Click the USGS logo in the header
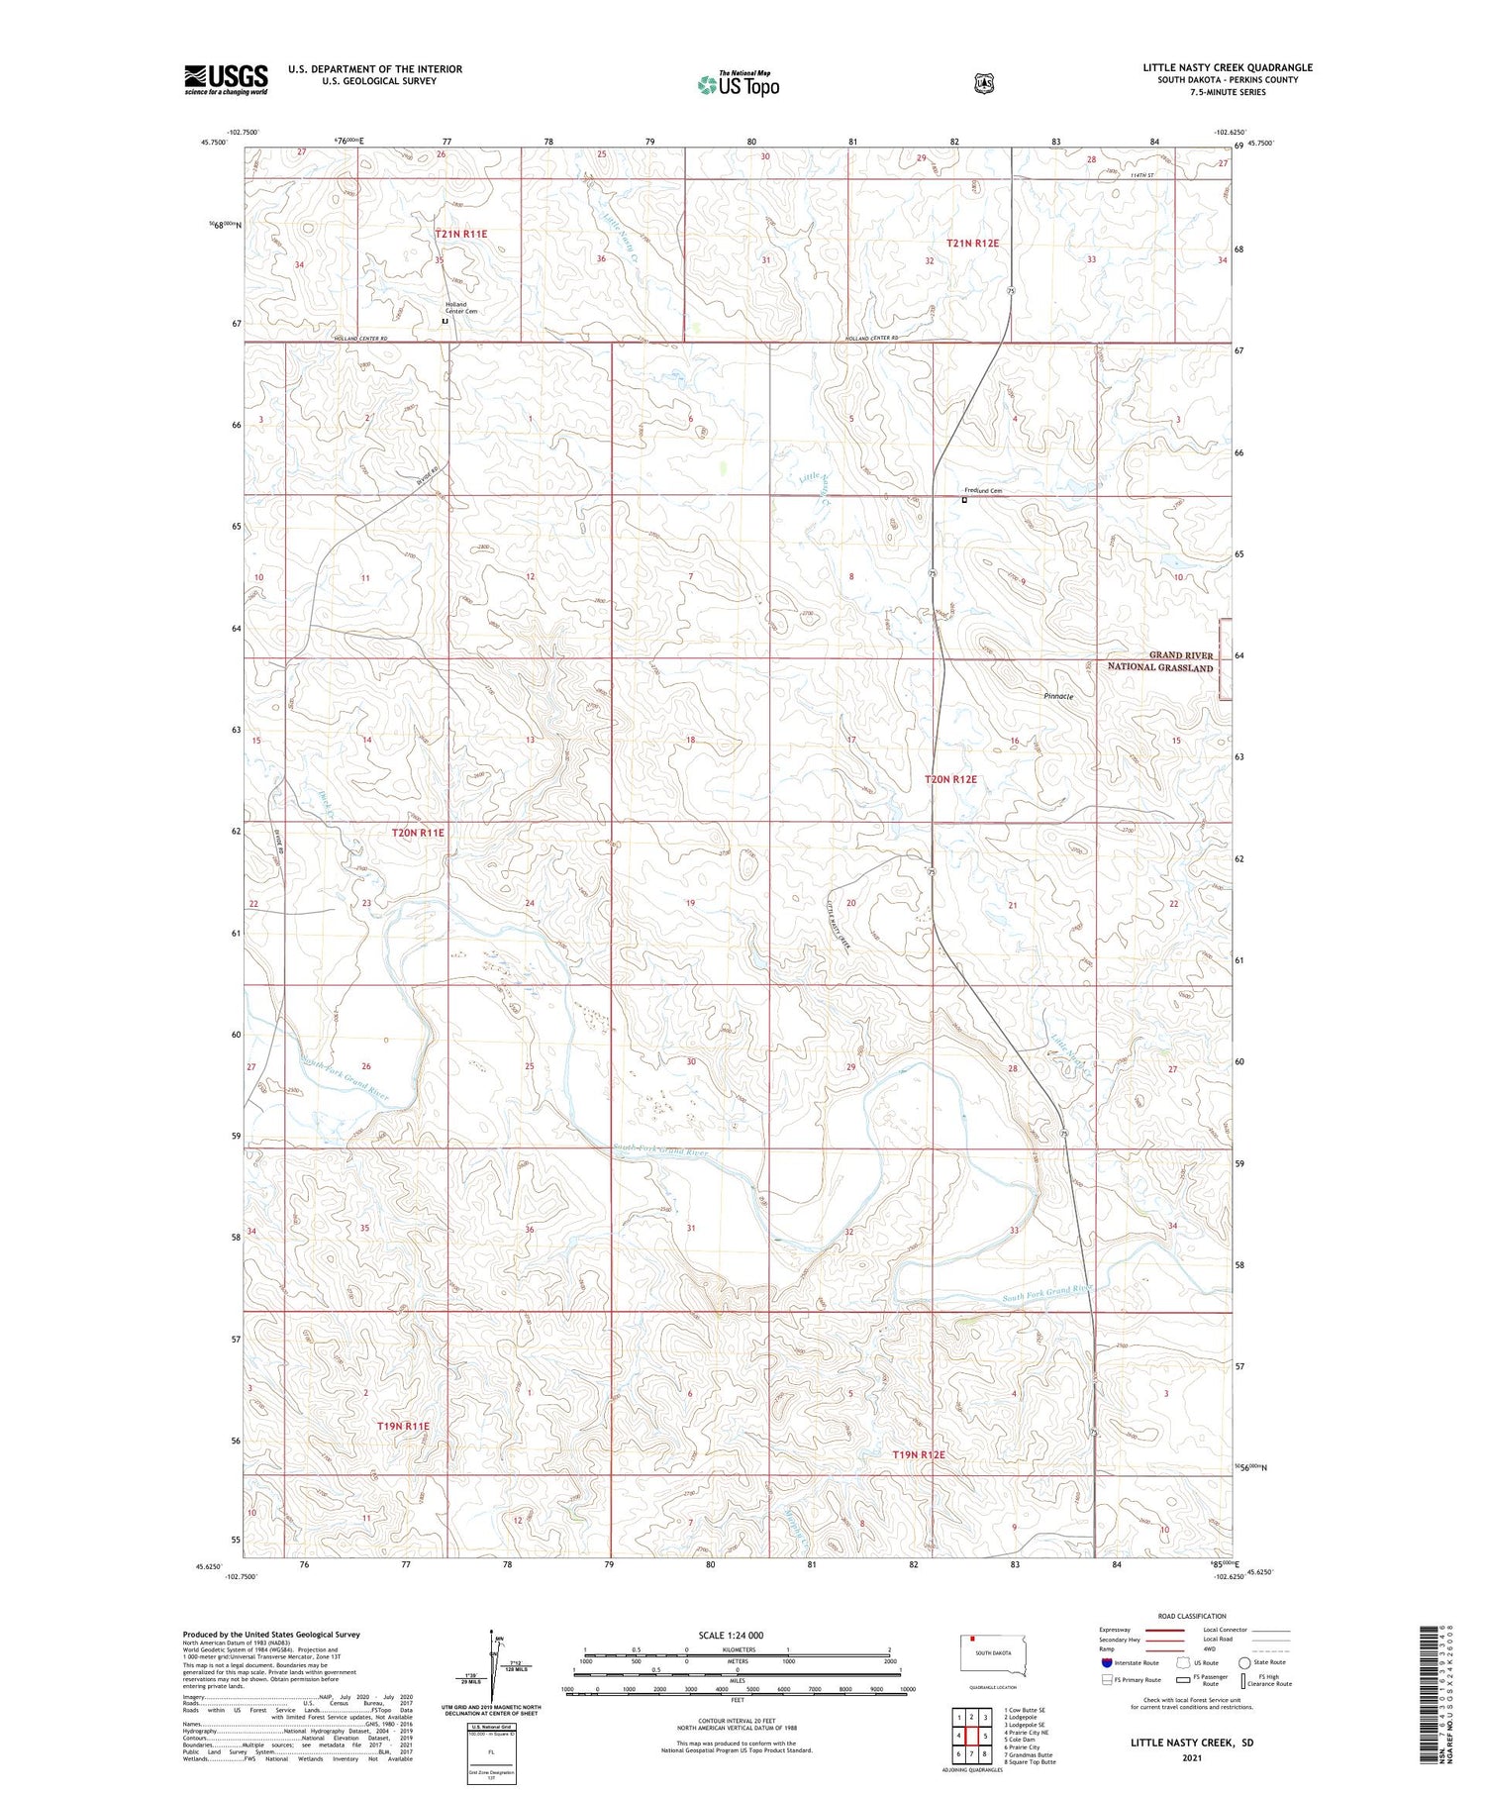[x=226, y=79]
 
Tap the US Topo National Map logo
[x=738, y=84]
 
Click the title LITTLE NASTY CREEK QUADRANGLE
[x=1228, y=67]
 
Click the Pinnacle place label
[x=1058, y=696]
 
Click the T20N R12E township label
[x=950, y=779]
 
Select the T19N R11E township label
[x=403, y=1426]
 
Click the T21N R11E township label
[x=460, y=234]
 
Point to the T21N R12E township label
[x=972, y=243]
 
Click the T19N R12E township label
[x=919, y=1454]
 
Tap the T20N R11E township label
[x=418, y=833]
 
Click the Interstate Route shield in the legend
[x=1107, y=1662]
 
